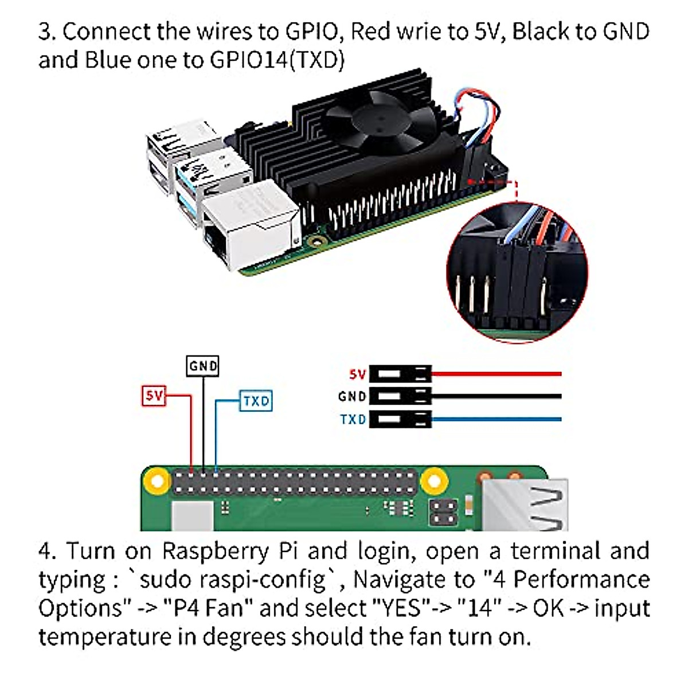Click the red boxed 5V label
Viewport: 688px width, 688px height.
coord(154,395)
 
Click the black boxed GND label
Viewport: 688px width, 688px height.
coord(203,366)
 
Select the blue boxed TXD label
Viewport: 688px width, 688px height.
coord(256,401)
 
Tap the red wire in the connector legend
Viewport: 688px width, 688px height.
coord(496,374)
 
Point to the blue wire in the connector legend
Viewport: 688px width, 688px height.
coord(496,419)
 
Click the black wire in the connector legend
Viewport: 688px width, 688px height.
coord(496,396)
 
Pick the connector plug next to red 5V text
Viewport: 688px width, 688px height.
coord(400,374)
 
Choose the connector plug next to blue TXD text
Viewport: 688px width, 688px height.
coord(400,419)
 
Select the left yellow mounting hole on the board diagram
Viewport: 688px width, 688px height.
coord(155,480)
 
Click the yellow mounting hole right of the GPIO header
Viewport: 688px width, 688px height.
coord(435,480)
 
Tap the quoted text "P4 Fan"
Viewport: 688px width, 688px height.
coord(212,608)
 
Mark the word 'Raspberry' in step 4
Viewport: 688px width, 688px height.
coord(216,552)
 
